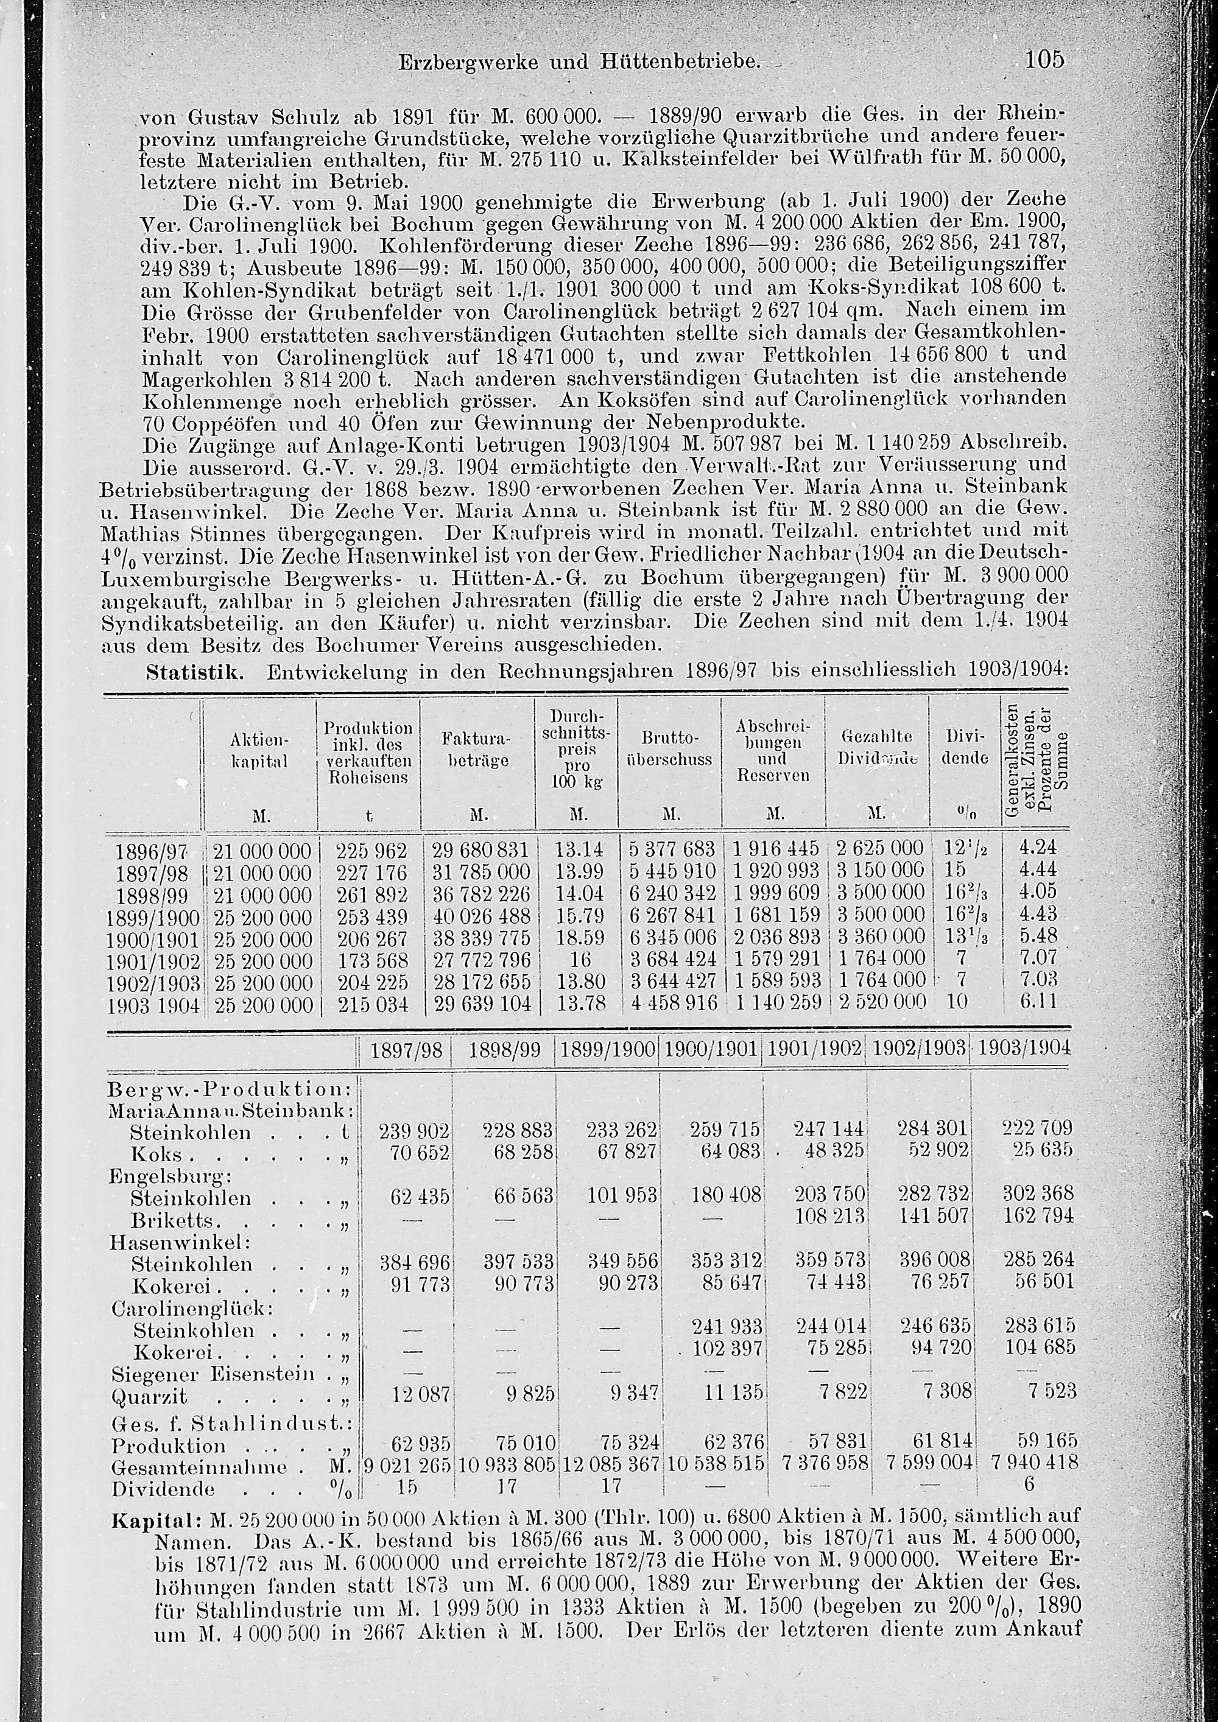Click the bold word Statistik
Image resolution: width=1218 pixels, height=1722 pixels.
194,670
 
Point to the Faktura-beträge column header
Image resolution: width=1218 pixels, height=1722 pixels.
477,750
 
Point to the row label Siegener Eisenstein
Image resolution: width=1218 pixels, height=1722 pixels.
213,1374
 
